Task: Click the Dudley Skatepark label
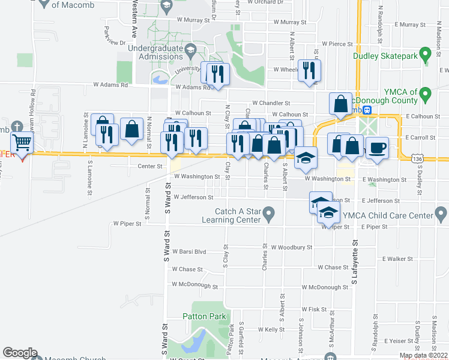click(389, 56)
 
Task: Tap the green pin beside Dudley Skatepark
click(426, 55)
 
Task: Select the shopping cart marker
click(22, 143)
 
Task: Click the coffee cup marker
click(377, 148)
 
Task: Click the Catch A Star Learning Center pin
click(268, 213)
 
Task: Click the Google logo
click(20, 352)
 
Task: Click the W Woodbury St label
click(292, 247)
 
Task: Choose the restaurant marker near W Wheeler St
click(309, 70)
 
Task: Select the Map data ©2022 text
click(423, 355)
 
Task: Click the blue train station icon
click(367, 110)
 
